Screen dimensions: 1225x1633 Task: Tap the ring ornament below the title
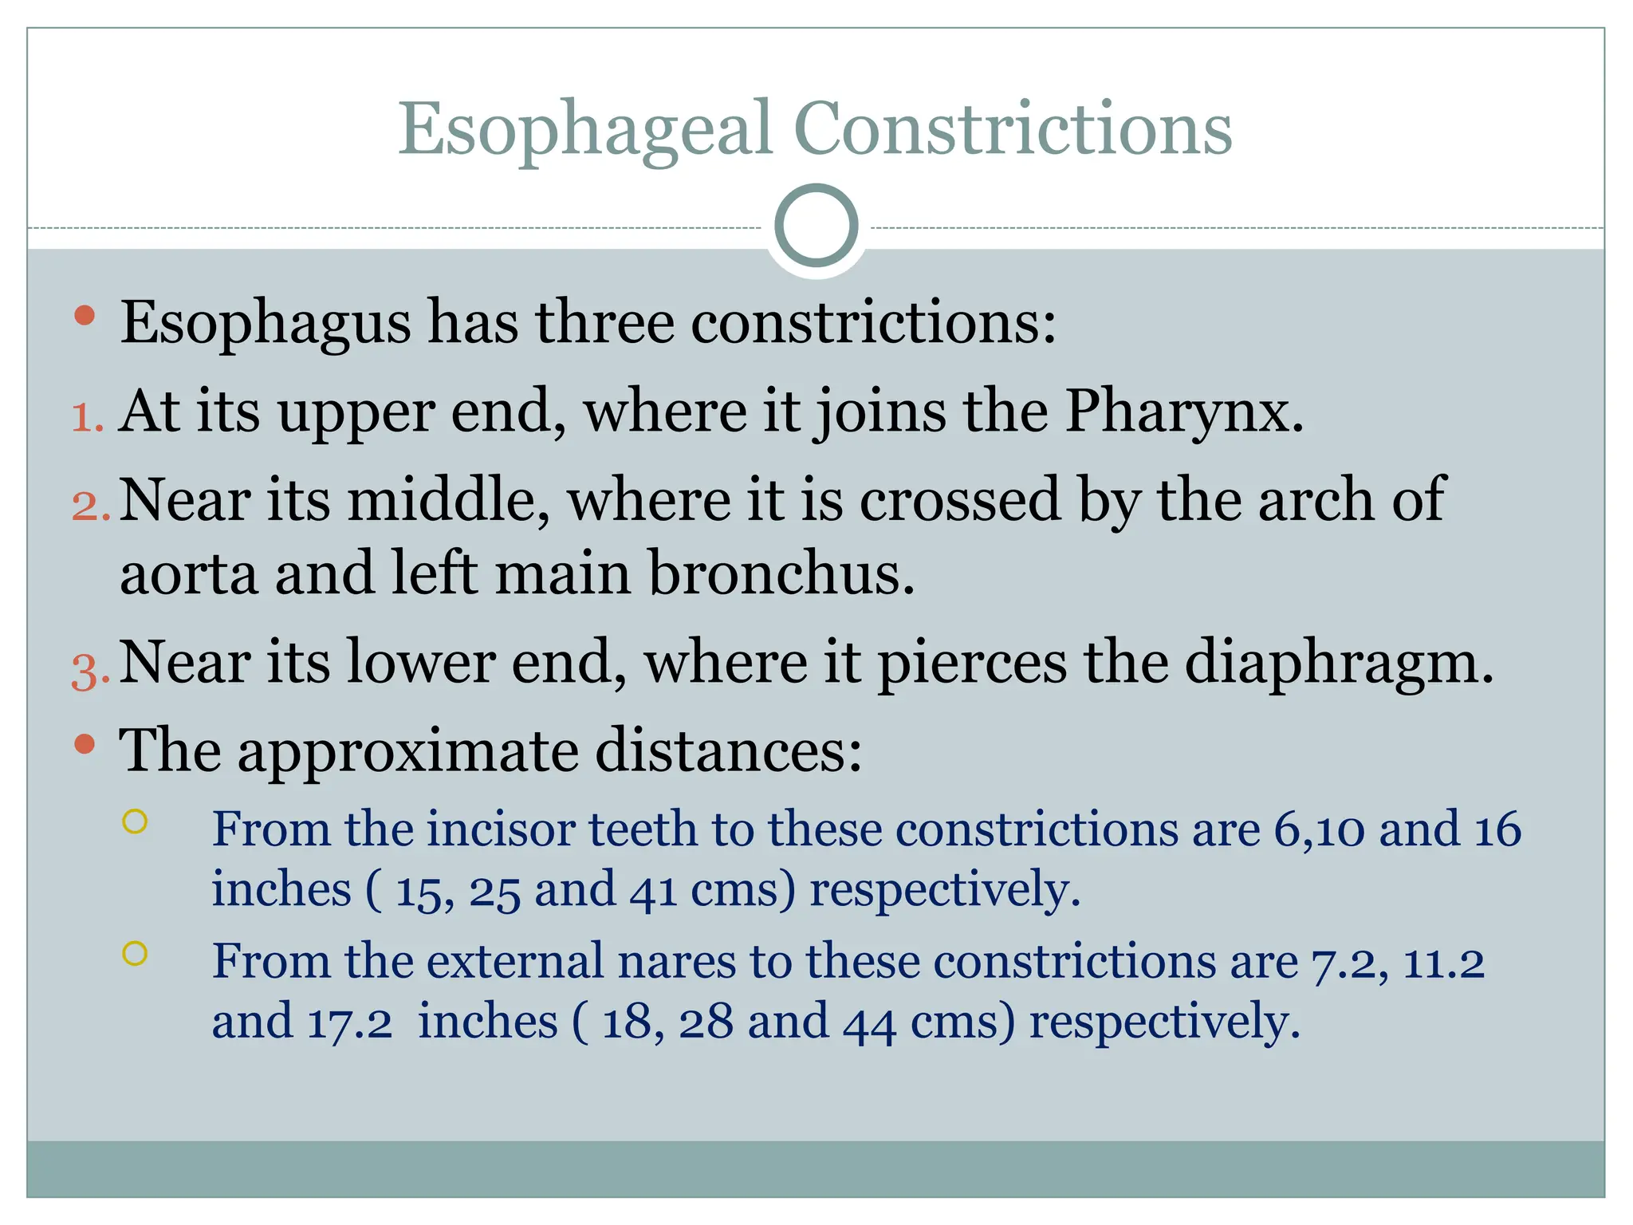point(816,226)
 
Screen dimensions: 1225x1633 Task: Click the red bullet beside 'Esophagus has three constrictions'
point(85,316)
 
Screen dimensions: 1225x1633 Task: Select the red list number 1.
point(87,417)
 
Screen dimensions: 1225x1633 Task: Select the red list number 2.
point(90,506)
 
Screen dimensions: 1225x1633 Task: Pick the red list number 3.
point(90,669)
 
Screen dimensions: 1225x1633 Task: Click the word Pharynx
point(1184,412)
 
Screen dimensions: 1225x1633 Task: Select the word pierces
point(972,664)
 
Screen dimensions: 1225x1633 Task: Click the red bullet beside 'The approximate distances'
point(85,745)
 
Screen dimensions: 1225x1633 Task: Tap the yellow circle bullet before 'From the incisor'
point(136,821)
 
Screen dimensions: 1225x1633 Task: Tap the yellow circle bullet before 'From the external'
point(136,953)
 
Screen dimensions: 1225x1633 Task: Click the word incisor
point(500,830)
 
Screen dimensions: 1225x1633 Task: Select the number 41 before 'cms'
point(653,892)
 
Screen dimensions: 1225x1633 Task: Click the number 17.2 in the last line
point(349,1023)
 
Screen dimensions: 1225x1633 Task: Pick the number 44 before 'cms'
point(869,1023)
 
